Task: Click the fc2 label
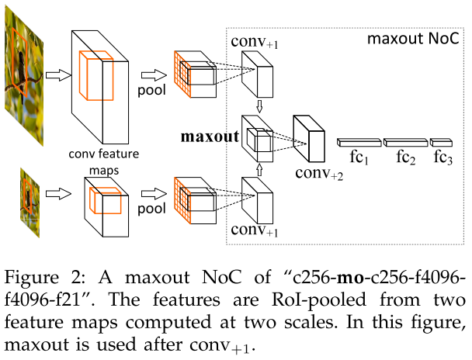tap(407, 157)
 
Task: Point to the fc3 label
tap(442, 157)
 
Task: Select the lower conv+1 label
tap(253, 230)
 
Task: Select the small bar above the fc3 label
tap(441, 142)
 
